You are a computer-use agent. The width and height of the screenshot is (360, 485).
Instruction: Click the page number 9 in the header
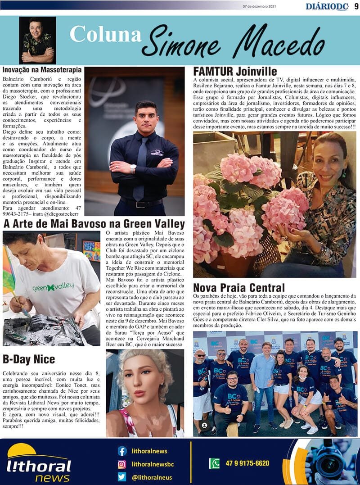click(355, 6)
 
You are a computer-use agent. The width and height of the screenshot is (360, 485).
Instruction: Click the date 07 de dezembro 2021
click(259, 7)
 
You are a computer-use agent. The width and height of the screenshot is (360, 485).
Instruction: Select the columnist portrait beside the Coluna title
click(37, 40)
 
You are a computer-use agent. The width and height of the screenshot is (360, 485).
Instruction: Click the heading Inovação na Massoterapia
click(42, 70)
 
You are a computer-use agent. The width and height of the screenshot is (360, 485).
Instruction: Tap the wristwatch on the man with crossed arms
click(133, 168)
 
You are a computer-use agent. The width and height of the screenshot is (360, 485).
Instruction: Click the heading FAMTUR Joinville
click(235, 72)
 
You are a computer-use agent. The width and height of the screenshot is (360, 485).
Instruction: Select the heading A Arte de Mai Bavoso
click(94, 224)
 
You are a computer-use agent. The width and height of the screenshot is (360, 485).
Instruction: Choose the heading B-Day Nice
click(29, 359)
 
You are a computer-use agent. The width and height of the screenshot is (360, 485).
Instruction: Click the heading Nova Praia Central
click(238, 287)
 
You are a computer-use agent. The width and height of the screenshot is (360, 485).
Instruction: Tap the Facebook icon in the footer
click(122, 451)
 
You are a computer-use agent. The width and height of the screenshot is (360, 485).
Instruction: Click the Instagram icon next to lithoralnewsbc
click(122, 464)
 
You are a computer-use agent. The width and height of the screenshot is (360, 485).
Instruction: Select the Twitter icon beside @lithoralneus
click(122, 477)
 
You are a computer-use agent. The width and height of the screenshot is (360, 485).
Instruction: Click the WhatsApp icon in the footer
click(214, 463)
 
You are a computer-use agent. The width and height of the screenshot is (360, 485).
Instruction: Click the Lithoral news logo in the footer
click(38, 464)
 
